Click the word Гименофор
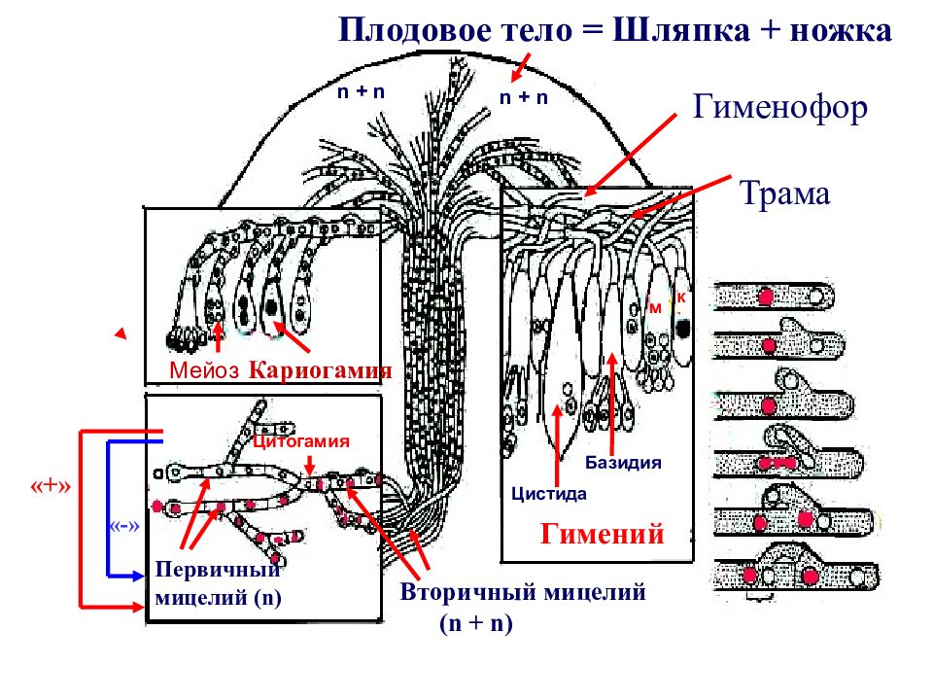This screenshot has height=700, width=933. point(780,109)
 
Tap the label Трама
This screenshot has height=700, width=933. point(785,194)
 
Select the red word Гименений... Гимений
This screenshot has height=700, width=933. point(603,534)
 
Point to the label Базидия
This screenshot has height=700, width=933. point(623,463)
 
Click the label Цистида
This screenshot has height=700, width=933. point(548,494)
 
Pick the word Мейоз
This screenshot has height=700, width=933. point(204,370)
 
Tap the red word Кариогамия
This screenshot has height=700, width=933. point(320,370)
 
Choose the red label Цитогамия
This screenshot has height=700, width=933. point(301,441)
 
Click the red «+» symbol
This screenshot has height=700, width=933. point(51,486)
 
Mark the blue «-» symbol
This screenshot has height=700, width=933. point(124,526)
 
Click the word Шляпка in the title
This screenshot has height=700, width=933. point(680,30)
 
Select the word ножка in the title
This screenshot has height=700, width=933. point(841,31)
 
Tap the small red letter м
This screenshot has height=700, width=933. point(655,308)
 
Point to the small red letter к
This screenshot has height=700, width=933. point(681,297)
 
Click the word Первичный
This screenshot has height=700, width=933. point(217,571)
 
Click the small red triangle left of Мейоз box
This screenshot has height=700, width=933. point(121,333)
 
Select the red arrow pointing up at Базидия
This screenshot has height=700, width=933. point(612,404)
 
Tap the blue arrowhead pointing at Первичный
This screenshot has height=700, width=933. point(139,576)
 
